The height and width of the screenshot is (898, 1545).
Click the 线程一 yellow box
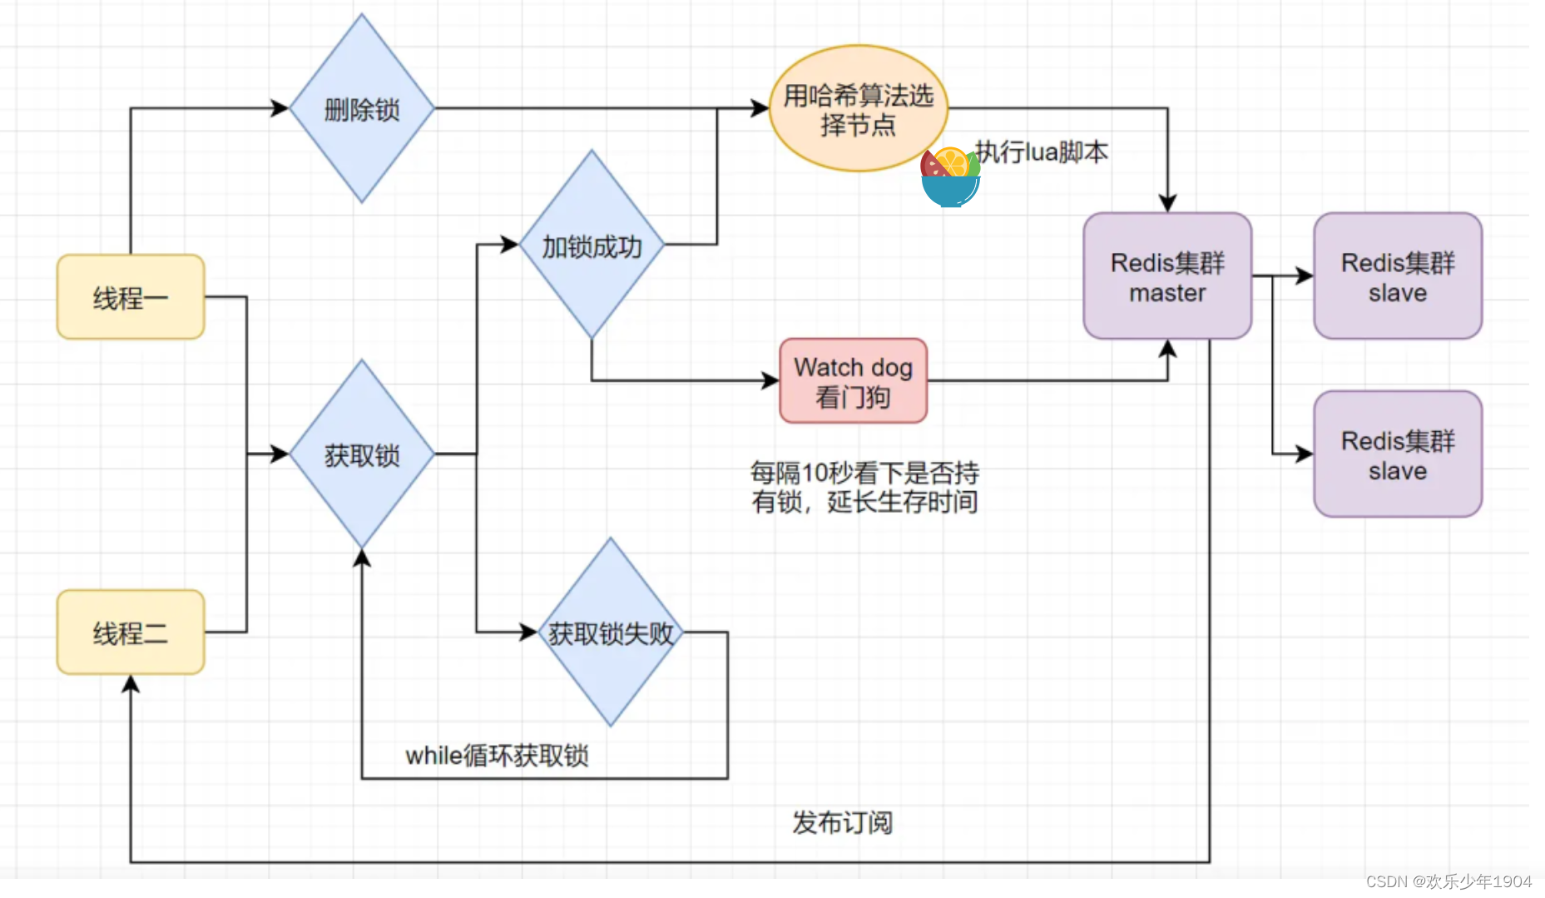pos(131,297)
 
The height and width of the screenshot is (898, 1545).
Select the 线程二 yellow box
pos(131,633)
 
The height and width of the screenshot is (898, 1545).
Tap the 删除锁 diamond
pos(361,109)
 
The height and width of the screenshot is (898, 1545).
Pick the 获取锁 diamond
pos(361,454)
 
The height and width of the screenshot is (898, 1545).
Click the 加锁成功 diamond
pos(592,246)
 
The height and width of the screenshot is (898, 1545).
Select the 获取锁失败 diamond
pos(610,633)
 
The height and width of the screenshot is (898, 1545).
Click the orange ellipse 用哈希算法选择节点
pos(858,109)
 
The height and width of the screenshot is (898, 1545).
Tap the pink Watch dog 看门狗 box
pos(853,381)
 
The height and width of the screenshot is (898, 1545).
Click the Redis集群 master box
pos(1167,276)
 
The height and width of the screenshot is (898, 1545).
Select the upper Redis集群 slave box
pos(1398,276)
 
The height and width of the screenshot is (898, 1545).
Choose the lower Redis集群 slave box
pos(1398,454)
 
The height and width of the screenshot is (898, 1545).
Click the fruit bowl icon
pos(950,177)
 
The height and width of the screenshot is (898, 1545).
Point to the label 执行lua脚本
pos(1042,152)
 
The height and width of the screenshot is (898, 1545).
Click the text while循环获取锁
pos(497,756)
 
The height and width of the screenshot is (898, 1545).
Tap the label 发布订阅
pos(842,822)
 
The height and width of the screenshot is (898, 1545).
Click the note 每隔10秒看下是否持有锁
pos(864,487)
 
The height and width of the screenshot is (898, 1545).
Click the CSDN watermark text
pos(1448,881)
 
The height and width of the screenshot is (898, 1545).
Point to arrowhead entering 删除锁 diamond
pos(280,108)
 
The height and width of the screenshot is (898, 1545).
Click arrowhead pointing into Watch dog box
pos(770,381)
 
